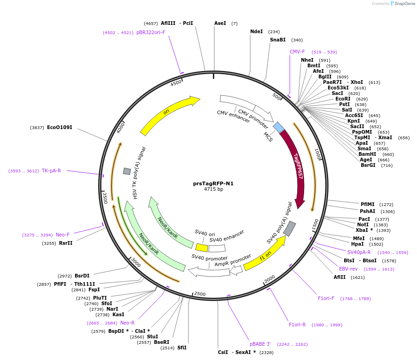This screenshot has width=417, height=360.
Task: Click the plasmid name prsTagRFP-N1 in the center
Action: pyautogui.click(x=213, y=183)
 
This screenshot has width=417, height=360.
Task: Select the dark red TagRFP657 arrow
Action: pyautogui.click(x=295, y=166)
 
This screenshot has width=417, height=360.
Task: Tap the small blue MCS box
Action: pyautogui.click(x=279, y=127)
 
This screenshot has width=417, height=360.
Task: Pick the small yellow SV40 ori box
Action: pyautogui.click(x=202, y=248)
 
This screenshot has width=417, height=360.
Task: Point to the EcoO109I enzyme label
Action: pyautogui.click(x=59, y=127)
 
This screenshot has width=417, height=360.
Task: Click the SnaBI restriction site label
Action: pyautogui.click(x=278, y=40)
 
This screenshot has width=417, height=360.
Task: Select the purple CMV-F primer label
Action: pyautogui.click(x=297, y=52)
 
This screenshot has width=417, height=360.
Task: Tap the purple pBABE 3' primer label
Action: pyautogui.click(x=260, y=344)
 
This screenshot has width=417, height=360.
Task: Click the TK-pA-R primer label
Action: pyautogui.click(x=51, y=171)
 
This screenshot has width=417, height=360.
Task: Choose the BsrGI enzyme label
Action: pyautogui.click(x=368, y=165)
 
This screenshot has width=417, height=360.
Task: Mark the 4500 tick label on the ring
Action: pyautogui.click(x=176, y=83)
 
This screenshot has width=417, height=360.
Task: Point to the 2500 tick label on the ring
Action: pyautogui.click(x=200, y=294)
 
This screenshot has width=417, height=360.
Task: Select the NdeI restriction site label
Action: pyautogui.click(x=256, y=32)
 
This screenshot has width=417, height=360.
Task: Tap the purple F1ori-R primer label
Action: pyautogui.click(x=297, y=325)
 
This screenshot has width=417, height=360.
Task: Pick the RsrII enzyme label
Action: pyautogui.click(x=65, y=243)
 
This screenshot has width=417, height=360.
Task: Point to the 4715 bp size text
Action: pyautogui.click(x=213, y=189)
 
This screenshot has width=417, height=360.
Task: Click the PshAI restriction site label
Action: pyautogui.click(x=368, y=212)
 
